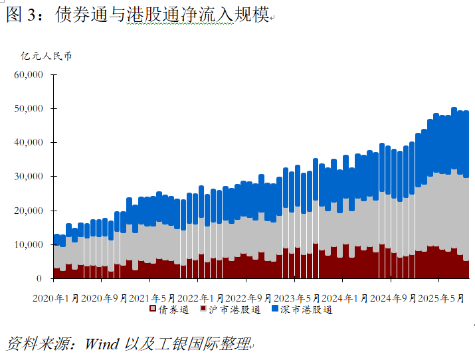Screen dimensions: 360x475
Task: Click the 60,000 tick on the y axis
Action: pos(29,74)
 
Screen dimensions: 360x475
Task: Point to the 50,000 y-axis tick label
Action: pos(29,108)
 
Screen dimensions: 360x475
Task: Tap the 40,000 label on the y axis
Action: pos(29,142)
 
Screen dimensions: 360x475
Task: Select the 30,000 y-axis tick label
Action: pos(29,177)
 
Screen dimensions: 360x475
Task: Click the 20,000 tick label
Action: pos(29,211)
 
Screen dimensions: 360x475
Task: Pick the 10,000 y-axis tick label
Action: pos(29,244)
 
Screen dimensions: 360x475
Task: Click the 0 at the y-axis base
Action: pos(41,279)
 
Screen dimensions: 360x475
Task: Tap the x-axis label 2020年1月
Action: pos(56,298)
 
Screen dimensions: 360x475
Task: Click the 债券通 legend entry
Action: pos(174,310)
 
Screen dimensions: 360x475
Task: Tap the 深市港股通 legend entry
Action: pos(308,310)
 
